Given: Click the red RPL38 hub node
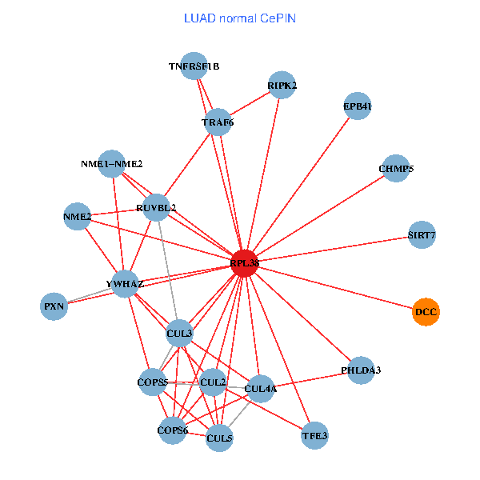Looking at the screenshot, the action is point(245,262).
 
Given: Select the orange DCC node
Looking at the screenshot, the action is point(426,311).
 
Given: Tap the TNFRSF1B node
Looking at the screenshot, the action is point(194,66).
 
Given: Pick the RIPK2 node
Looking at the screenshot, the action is point(282,85).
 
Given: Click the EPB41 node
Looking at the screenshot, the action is point(357,106).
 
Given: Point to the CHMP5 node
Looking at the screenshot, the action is point(396,169).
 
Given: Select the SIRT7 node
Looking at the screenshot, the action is point(422,235).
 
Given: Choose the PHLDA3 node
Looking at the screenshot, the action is point(361,370).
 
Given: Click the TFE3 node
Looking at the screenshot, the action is point(314,437).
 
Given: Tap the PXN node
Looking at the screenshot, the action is point(54,306).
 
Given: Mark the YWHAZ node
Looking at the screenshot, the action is point(124,284).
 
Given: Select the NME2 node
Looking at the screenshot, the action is point(77,217).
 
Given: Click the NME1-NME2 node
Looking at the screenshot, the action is point(112,164).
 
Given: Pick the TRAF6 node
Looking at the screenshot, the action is point(218,122).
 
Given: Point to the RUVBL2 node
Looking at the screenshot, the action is point(156,208).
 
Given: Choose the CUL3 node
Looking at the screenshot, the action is point(179,332).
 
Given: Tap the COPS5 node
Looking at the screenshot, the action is point(152,382).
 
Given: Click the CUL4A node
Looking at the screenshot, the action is point(261,390).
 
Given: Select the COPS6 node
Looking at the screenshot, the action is point(173,430).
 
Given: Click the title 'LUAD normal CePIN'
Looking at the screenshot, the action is point(240,18).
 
